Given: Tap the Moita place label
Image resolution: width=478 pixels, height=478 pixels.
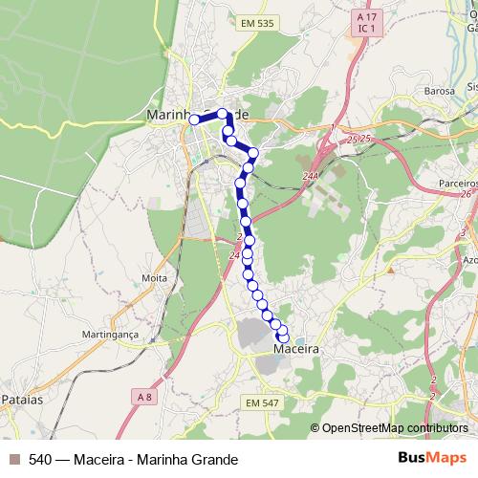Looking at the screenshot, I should click(x=154, y=278).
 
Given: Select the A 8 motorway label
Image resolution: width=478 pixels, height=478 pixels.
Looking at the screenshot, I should click(x=143, y=397).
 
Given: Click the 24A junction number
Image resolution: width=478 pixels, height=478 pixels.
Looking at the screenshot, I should click(x=309, y=175).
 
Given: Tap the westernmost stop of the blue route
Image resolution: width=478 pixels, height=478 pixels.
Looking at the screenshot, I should click(x=194, y=119).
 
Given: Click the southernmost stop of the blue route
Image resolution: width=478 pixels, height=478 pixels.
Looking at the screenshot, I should click(x=283, y=337).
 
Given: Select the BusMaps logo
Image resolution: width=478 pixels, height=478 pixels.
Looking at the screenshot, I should click(x=431, y=459).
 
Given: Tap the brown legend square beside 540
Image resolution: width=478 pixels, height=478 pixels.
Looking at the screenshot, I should click(x=13, y=459).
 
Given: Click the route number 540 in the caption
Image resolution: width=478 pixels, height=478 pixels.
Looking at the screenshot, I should click(x=41, y=459).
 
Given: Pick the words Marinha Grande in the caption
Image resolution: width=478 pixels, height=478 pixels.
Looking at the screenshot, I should click(x=187, y=459).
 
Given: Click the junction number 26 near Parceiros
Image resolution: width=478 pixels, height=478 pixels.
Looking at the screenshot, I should click(x=466, y=194).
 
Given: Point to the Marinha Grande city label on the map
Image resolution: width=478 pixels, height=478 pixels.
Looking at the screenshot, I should click(x=198, y=114).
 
